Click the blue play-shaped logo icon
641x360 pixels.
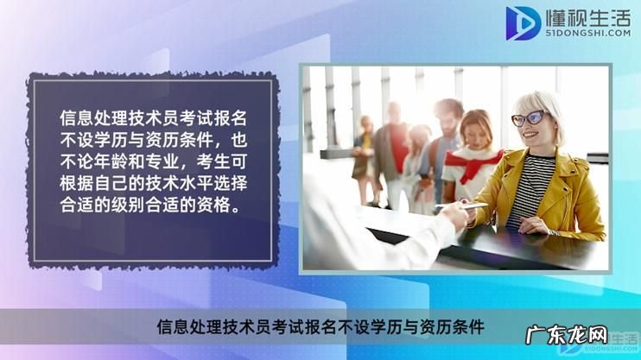click(524, 22)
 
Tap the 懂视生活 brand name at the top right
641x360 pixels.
click(587, 16)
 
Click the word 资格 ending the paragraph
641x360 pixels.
click(225, 205)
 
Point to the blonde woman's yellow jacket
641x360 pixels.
click(570, 194)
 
